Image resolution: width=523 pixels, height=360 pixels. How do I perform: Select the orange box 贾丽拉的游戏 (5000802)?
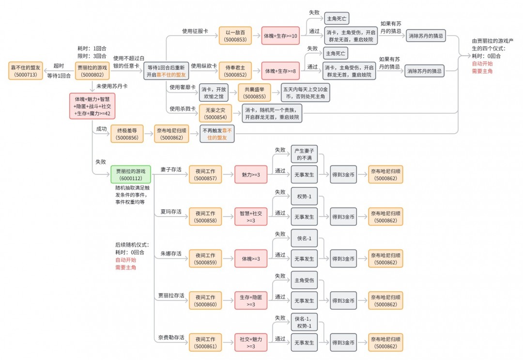point(92,71)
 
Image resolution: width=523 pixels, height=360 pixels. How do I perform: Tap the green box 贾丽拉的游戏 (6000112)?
point(127,174)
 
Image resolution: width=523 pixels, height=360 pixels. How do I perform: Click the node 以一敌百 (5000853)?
point(235,35)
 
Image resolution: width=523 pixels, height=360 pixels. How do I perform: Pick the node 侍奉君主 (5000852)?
point(235,71)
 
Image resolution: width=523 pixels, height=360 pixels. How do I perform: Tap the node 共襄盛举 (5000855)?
point(254,93)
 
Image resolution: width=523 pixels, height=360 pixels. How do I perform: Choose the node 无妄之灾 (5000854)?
point(215,113)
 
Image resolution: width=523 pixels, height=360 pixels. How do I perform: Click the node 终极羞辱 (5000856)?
point(127,134)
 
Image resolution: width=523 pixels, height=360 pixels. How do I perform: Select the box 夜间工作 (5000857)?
point(205,174)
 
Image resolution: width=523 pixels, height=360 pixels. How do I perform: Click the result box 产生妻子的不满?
point(304,155)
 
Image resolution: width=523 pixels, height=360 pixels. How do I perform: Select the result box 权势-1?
point(304,196)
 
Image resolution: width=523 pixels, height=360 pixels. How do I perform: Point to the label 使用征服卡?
point(194,31)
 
